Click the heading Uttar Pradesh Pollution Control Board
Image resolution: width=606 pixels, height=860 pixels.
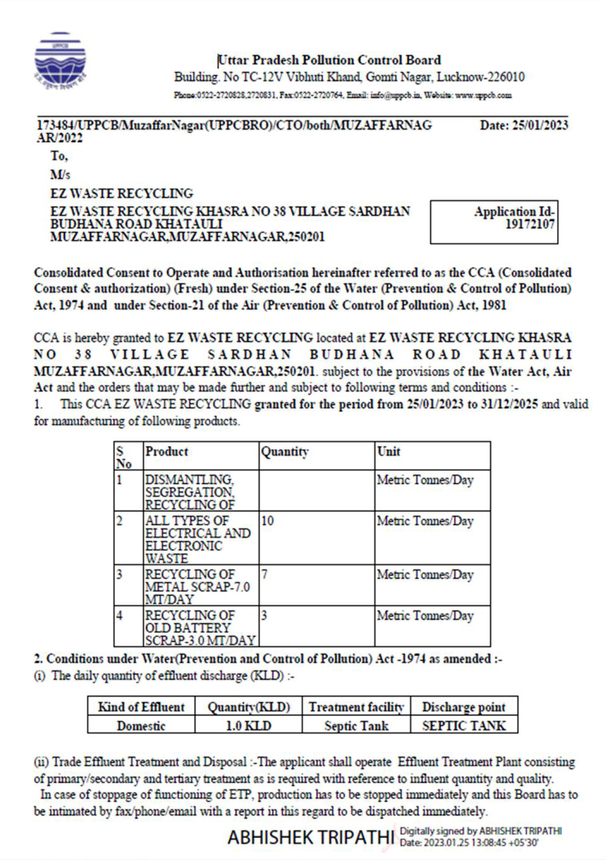coord(329,61)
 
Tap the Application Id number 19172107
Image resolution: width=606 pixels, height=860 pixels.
coord(529,224)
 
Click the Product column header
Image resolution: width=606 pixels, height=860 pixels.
coord(167,452)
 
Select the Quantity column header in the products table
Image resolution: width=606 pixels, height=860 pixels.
coord(285,452)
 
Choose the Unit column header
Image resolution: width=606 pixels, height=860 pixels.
coord(389,452)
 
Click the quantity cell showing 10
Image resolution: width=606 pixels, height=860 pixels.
coord(268,521)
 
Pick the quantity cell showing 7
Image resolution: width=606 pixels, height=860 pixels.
coord(264,574)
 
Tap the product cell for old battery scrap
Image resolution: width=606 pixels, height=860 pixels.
coord(200,628)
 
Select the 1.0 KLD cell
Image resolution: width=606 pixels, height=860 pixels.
coord(248,726)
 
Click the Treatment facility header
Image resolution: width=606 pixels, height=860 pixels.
coord(356,707)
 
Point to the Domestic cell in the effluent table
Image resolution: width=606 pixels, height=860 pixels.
coord(141,726)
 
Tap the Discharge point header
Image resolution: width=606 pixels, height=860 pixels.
coord(463,707)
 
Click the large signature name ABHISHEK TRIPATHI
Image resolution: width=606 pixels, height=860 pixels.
coord(311,838)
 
